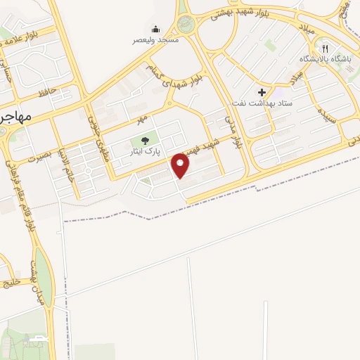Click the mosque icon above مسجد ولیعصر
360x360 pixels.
click(x=156, y=29)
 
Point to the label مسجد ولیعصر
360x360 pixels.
click(x=156, y=40)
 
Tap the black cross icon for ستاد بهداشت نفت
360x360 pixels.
click(x=262, y=92)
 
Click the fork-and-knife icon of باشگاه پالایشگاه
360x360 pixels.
click(x=324, y=49)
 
